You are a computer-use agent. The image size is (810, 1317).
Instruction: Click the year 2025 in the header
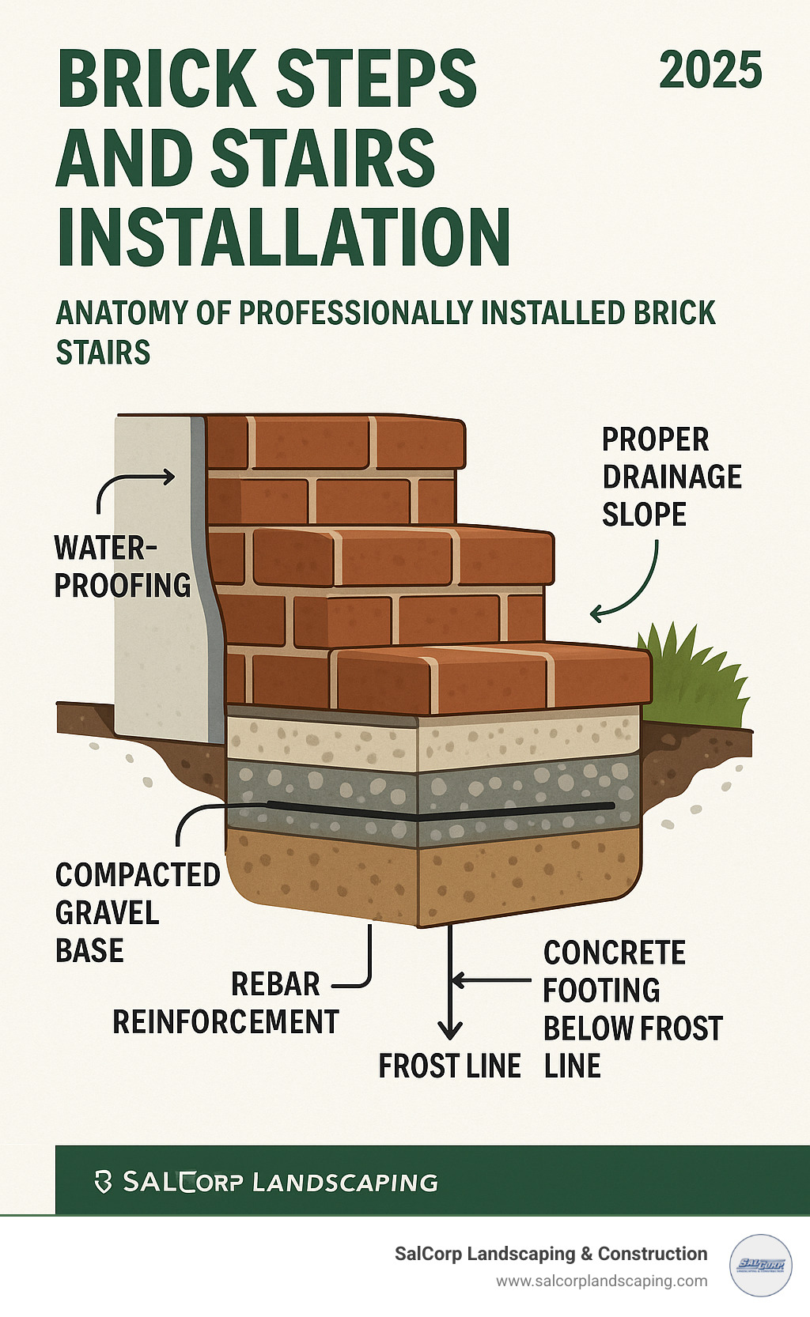coord(710,70)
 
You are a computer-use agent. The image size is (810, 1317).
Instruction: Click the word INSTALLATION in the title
coord(283,237)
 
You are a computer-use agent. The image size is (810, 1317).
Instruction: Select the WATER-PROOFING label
coord(123,567)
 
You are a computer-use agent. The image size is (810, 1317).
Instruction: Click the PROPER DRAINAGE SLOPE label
coord(672,477)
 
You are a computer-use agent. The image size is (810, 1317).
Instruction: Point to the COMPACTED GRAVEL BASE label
coord(138,912)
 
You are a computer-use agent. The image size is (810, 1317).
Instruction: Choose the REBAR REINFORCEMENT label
coord(226,1002)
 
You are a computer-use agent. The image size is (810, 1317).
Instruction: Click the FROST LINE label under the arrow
coord(449,1066)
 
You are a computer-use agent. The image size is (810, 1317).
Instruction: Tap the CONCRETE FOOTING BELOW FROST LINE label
coord(633,1009)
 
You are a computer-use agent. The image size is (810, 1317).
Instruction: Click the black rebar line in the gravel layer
coord(441,810)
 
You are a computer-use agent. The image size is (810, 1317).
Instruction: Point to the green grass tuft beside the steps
coord(695,676)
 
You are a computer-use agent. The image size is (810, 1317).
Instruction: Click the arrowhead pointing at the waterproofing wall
coord(169,477)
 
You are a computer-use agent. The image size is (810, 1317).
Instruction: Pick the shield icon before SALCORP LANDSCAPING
coord(103,1182)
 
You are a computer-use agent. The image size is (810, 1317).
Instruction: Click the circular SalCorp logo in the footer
coord(761,1266)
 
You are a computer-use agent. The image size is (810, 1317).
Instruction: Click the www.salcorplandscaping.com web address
coord(602,1281)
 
